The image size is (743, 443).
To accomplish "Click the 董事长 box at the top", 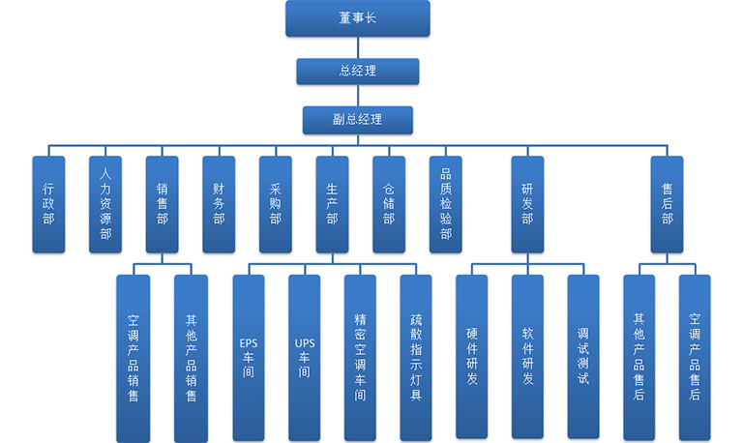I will [x=357, y=18].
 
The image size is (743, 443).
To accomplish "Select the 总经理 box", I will [x=357, y=71].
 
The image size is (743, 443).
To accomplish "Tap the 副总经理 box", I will [x=357, y=119].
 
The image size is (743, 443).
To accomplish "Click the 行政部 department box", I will [x=48, y=204].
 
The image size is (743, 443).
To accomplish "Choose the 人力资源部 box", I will [x=105, y=204].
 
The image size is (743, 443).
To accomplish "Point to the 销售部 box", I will [x=162, y=204].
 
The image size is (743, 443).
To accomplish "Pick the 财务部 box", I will [x=219, y=204].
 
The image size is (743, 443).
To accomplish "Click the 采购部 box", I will [x=275, y=204].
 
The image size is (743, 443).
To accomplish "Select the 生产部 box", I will [x=332, y=204].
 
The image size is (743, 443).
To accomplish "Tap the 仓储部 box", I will [x=388, y=204].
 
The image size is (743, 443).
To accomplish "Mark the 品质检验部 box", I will [x=445, y=204].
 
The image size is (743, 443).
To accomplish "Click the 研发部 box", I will [x=527, y=204].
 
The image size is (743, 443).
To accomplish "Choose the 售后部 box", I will [x=667, y=204].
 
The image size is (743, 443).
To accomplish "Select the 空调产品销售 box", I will [x=134, y=357].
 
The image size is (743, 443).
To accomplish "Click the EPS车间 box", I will [x=248, y=357].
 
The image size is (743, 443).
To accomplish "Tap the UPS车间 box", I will [x=304, y=357].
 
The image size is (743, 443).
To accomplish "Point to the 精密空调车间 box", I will [x=360, y=357].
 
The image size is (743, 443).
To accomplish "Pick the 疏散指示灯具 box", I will [x=416, y=357].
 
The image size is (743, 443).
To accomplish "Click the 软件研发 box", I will [x=527, y=357].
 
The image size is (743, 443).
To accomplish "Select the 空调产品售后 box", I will [x=695, y=357].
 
